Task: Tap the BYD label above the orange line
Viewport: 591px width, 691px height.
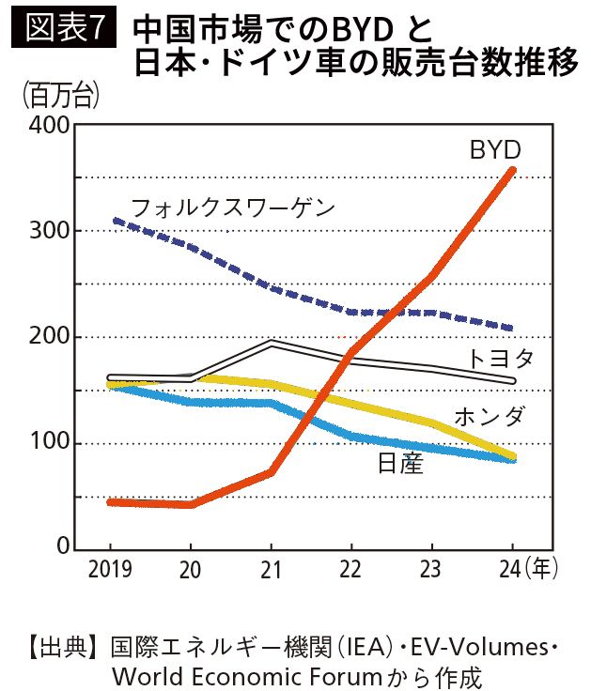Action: point(495,149)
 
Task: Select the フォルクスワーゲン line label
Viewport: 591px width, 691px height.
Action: point(232,207)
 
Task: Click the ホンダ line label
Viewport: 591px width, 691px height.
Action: point(489,416)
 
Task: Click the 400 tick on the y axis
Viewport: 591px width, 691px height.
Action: point(47,126)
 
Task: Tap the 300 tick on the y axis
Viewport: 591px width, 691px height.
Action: point(47,231)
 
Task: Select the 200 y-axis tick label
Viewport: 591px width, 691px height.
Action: point(47,337)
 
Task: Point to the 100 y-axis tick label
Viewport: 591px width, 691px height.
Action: point(47,443)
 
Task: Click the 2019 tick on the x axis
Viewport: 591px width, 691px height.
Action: point(111,569)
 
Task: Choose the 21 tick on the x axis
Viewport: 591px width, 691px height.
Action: point(271,569)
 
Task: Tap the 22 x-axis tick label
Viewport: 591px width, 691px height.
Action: point(350,569)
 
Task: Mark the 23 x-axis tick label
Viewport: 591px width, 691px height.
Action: point(431,569)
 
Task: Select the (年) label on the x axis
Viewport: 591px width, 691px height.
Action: point(542,568)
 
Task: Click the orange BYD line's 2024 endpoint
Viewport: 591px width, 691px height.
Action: point(512,170)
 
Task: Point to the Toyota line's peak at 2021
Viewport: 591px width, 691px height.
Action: point(271,343)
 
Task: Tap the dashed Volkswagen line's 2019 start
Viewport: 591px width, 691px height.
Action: point(113,221)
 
